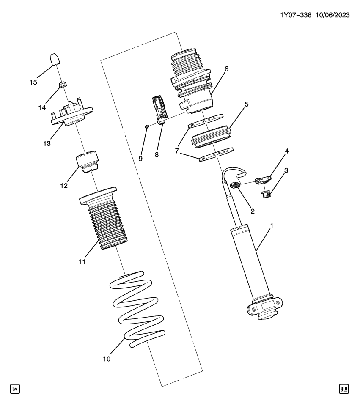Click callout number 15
coord(33,82)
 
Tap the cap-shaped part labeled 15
coord(53,59)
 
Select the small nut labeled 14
coord(61,84)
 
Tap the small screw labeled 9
coord(146,126)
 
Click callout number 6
coord(226,69)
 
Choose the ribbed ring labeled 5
coord(212,136)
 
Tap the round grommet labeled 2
coord(235,185)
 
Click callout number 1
coord(272,225)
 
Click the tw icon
coord(16,388)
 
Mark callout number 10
coord(107,359)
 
